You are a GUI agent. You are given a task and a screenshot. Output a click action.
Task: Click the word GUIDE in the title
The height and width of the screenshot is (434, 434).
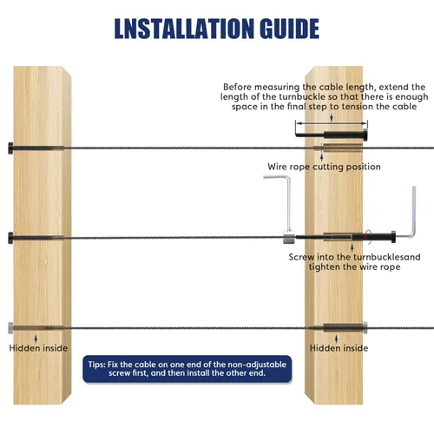pyautogui.click(x=289, y=29)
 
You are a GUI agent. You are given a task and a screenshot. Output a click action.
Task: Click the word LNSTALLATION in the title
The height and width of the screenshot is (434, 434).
pyautogui.click(x=184, y=29)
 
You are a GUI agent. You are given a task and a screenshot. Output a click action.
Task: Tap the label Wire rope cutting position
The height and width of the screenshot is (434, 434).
pyautogui.click(x=324, y=167)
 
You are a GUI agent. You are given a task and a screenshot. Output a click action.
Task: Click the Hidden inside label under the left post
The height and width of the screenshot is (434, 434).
pyautogui.click(x=38, y=348)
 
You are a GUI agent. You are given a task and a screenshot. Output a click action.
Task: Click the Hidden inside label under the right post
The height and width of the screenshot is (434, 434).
pyautogui.click(x=339, y=348)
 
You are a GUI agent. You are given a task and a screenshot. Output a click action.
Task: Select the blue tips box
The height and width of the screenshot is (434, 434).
pyautogui.click(x=187, y=369)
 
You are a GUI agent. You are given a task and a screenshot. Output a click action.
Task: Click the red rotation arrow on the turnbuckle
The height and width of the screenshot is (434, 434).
pyautogui.click(x=367, y=236)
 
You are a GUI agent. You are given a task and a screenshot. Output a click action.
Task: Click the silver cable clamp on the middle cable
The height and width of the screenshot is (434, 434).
pyautogui.click(x=289, y=237)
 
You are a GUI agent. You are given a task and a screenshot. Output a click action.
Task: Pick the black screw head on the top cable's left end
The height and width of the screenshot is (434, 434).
pyautogui.click(x=10, y=148)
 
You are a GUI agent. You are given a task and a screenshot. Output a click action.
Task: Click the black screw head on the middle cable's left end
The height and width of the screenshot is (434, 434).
pyautogui.click(x=10, y=238)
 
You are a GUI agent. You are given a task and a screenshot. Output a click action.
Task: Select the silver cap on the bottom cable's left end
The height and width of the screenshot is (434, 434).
pyautogui.click(x=10, y=328)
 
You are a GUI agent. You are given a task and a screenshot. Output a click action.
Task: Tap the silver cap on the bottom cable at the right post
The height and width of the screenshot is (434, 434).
pyautogui.click(x=365, y=328)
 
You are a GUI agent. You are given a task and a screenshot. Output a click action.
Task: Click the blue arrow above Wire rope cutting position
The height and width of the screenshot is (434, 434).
pyautogui.click(x=321, y=157)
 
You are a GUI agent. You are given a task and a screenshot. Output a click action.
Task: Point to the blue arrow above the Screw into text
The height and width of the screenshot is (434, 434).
pyautogui.click(x=352, y=248)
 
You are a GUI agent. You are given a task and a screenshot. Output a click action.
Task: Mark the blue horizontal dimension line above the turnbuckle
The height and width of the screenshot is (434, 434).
pyautogui.click(x=332, y=123)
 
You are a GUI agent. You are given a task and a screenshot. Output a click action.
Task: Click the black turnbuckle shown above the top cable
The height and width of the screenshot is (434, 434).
pyautogui.click(x=332, y=135)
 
